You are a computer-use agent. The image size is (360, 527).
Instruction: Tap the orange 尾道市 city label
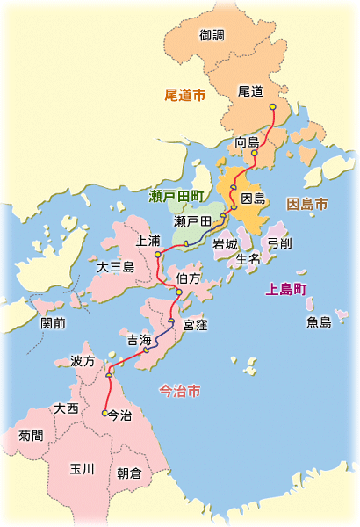pyautogui.click(x=185, y=94)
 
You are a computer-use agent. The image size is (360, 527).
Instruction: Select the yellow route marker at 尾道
pyautogui.click(x=272, y=106)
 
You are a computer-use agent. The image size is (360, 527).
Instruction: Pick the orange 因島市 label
pyautogui.click(x=307, y=204)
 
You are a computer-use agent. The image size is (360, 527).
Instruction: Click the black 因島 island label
pyautogui.click(x=253, y=199)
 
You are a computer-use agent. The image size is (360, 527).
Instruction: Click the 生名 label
pyautogui.click(x=248, y=259)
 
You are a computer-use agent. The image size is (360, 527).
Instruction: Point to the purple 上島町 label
pyautogui.click(x=287, y=289)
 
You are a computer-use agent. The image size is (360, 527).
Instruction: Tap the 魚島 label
pyautogui.click(x=319, y=322)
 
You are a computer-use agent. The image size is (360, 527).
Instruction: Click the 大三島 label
pyautogui.click(x=116, y=266)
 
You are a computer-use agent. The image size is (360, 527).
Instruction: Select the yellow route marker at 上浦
pyautogui.click(x=157, y=255)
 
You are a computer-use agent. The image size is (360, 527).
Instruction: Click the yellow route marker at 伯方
pyautogui.click(x=178, y=292)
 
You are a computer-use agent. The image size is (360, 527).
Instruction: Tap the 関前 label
pyautogui.click(x=53, y=322)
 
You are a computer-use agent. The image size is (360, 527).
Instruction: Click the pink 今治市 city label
pyautogui.click(x=179, y=390)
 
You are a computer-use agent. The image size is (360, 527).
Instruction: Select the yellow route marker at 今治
pyautogui.click(x=104, y=413)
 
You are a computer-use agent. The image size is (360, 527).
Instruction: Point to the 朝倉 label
pyautogui.click(x=129, y=473)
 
